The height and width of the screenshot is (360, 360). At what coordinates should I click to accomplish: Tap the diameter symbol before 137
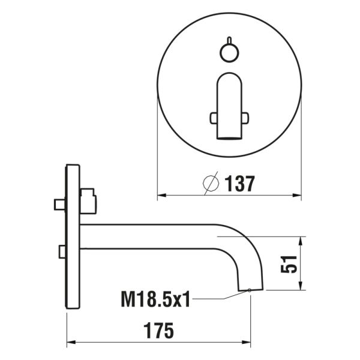click(x=211, y=184)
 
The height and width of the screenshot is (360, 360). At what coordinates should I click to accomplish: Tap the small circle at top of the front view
click(x=229, y=53)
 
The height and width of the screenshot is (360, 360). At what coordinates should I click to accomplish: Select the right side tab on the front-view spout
click(x=245, y=118)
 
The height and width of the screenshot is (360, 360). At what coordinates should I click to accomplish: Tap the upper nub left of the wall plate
click(x=59, y=205)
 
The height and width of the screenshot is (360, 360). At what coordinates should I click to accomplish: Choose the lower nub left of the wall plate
click(x=62, y=251)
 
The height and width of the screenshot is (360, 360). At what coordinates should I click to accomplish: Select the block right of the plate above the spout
click(x=88, y=201)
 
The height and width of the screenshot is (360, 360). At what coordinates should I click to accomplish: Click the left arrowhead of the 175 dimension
click(x=70, y=344)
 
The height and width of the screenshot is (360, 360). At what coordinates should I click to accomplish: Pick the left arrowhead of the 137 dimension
click(x=161, y=196)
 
